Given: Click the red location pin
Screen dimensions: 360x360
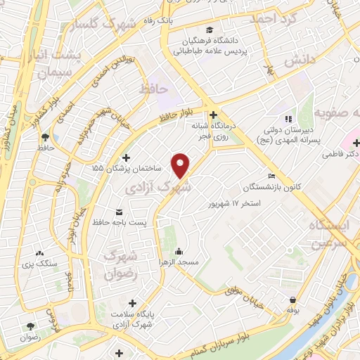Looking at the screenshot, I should (181, 165).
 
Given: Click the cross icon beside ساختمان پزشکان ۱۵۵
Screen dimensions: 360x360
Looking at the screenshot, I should (126, 157).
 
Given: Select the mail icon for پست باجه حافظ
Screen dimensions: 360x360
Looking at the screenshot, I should (118, 212).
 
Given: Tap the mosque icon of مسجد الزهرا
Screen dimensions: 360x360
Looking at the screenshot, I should (179, 251).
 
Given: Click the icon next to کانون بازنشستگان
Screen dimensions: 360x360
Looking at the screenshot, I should (271, 176).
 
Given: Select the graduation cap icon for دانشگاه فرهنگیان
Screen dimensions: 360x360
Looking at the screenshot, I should (209, 30).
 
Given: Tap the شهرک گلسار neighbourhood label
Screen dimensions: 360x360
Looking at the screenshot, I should (106, 27).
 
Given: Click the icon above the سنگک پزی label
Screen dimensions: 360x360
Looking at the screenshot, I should (39, 252).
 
